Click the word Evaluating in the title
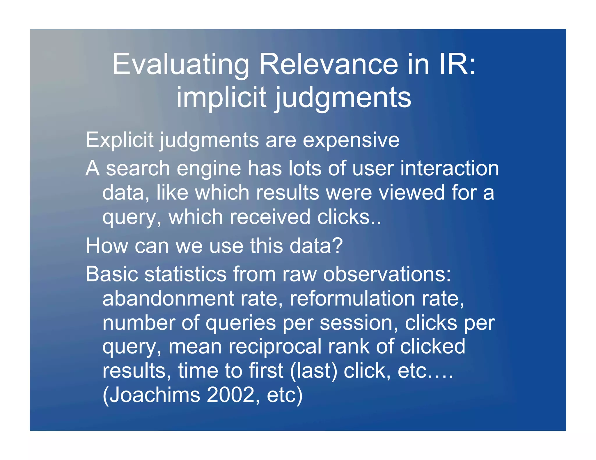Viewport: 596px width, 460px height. tap(180, 65)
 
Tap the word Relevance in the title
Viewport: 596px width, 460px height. tap(328, 65)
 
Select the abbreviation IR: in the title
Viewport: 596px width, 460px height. tap(457, 65)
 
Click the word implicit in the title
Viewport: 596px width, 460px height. tap(221, 97)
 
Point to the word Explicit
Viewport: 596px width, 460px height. tap(119, 140)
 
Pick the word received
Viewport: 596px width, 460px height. tap(270, 217)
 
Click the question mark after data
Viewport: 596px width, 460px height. tap(338, 246)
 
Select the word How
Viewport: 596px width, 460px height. tap(107, 246)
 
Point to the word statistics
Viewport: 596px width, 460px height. tap(185, 274)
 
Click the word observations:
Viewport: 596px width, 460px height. tap(387, 274)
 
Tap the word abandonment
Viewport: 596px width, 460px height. tap(168, 299)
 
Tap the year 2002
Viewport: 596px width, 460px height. tap(230, 395)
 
